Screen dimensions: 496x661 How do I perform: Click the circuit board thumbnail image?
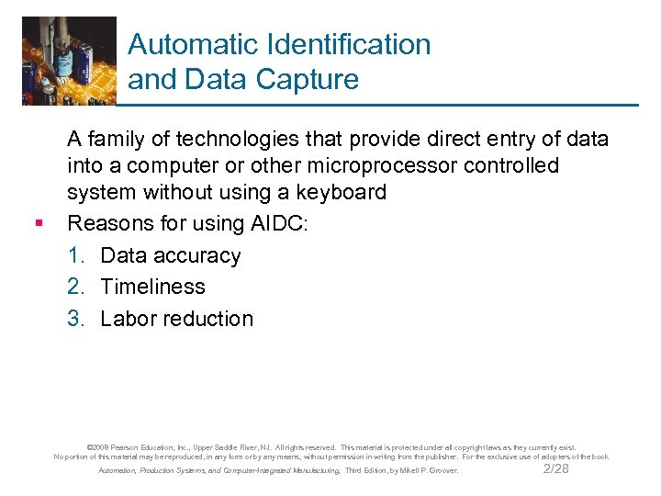coord(70,60)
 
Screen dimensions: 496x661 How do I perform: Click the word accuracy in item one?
coord(197,255)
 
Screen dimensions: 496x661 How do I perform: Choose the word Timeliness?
coord(153,287)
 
